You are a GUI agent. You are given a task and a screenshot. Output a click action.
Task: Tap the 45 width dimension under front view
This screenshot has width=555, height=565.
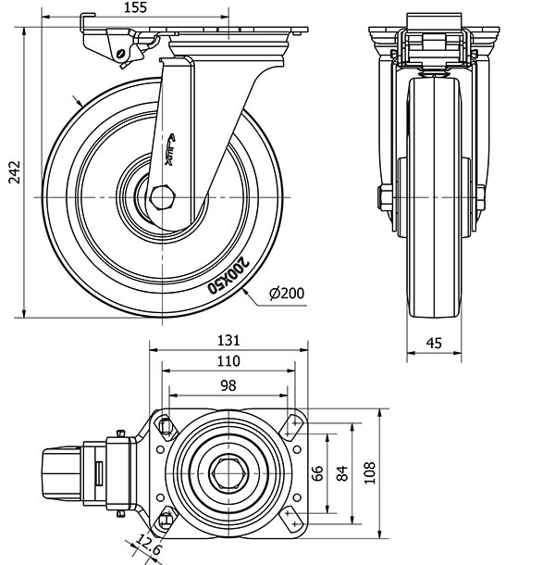(434, 343)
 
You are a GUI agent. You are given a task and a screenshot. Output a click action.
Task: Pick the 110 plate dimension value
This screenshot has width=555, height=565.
(228, 361)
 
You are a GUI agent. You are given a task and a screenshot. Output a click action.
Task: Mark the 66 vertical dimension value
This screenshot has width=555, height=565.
(317, 473)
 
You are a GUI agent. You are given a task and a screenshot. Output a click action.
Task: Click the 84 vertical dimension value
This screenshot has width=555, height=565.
(342, 473)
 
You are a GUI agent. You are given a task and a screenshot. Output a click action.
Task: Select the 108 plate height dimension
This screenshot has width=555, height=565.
(367, 473)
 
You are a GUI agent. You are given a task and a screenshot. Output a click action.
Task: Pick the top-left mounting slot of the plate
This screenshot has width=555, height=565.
(167, 425)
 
